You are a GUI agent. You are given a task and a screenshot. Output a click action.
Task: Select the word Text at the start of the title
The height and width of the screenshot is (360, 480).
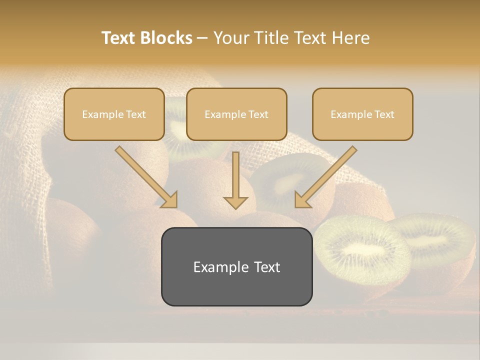pos(118,38)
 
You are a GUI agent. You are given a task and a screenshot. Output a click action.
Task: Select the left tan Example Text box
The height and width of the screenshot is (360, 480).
pos(114,114)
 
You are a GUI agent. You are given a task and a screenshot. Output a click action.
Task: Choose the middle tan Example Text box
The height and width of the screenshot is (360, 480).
pos(236,114)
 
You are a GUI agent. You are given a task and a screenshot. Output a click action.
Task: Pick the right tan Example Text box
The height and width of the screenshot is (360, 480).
pos(362,114)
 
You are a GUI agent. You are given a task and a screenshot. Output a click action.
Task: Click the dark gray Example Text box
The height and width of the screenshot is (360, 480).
pos(236,266)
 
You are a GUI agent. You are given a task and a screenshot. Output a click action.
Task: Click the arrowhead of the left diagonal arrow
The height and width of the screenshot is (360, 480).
pos(170,200)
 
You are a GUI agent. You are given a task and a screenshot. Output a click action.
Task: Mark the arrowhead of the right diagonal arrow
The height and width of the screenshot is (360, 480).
pos(302,200)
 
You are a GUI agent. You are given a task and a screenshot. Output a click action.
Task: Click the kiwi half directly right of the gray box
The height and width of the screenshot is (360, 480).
pos(362,250)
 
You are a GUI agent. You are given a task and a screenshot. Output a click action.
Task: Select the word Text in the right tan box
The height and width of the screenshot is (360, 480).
pos(384,114)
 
